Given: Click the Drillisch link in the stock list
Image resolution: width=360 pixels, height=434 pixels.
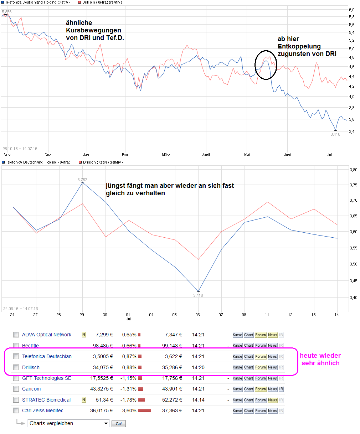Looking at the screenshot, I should [31, 367].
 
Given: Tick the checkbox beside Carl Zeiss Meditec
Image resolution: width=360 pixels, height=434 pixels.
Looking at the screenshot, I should [16, 410].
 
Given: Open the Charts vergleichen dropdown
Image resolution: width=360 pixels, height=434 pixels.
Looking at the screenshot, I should [68, 423].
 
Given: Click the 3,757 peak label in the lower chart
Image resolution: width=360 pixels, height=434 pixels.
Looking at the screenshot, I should [82, 180].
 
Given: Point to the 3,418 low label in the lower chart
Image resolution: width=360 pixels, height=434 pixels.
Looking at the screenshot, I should [198, 295].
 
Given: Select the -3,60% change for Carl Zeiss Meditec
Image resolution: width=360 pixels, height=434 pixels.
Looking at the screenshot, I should [128, 410].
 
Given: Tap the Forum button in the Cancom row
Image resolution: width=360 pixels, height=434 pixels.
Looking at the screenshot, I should [261, 389].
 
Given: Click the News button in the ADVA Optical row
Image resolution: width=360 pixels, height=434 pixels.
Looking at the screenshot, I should [273, 335].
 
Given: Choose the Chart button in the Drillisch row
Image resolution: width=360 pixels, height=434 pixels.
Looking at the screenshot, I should [249, 367].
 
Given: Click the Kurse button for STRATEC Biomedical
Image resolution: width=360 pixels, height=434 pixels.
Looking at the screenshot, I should [237, 400].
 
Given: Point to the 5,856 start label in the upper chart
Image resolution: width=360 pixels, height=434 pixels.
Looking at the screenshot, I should [7, 12].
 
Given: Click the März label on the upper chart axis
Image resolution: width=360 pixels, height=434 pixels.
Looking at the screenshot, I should [166, 155].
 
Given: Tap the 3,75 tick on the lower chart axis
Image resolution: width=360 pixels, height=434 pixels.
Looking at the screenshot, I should [354, 185].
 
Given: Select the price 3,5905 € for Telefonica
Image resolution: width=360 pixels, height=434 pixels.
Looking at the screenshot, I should [103, 356].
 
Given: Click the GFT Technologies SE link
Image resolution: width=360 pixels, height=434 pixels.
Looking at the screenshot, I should [47, 378].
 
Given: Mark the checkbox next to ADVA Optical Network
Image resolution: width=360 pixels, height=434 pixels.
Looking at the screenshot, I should [16, 335].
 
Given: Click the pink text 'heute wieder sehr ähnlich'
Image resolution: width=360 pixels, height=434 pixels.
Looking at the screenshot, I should [320, 359].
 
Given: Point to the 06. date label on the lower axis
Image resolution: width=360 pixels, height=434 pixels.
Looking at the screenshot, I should [198, 315].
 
